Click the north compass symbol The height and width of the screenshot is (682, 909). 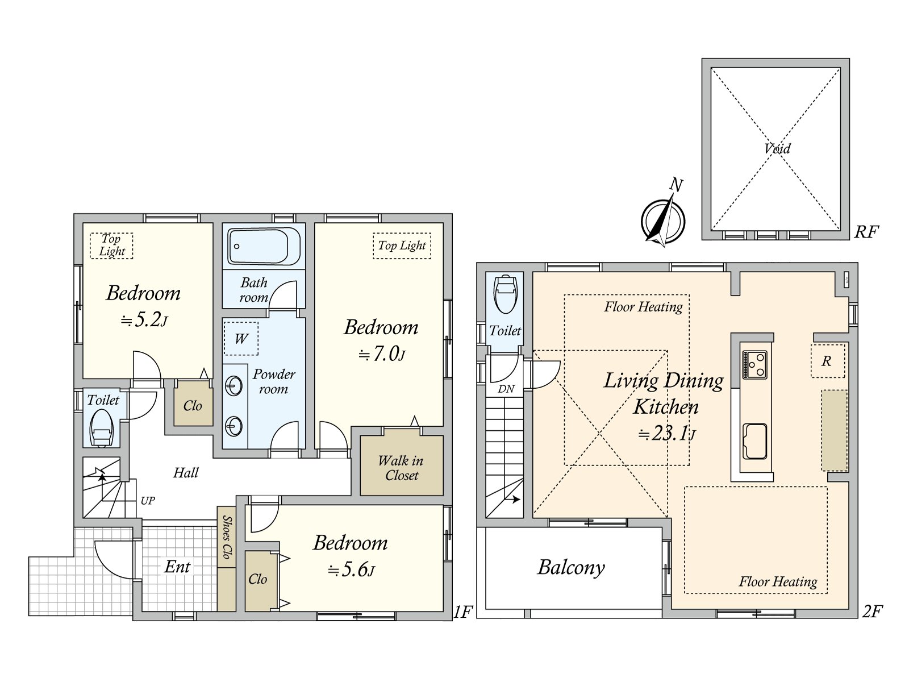[663, 221]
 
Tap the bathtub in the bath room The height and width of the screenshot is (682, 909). [264, 246]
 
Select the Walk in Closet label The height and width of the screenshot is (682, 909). [401, 468]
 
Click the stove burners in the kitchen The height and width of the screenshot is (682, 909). [755, 364]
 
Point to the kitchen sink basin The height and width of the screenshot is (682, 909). [754, 441]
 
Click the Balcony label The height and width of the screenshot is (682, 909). [571, 567]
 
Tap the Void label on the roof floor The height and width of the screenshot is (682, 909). [777, 149]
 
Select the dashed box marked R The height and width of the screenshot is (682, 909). [827, 361]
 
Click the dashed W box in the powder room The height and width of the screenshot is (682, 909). [241, 339]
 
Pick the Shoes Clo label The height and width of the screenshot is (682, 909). [227, 537]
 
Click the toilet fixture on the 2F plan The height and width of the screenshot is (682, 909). [505, 294]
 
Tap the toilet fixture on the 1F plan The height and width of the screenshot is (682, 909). [102, 429]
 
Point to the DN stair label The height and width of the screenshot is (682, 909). [506, 389]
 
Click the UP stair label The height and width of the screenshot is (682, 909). [148, 501]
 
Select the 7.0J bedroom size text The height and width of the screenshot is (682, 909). [382, 354]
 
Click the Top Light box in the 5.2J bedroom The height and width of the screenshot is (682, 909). [111, 246]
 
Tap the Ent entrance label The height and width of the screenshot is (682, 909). [177, 567]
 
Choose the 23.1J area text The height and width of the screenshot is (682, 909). [666, 434]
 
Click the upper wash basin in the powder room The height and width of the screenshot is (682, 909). [233, 386]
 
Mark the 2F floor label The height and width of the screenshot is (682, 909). [872, 612]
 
